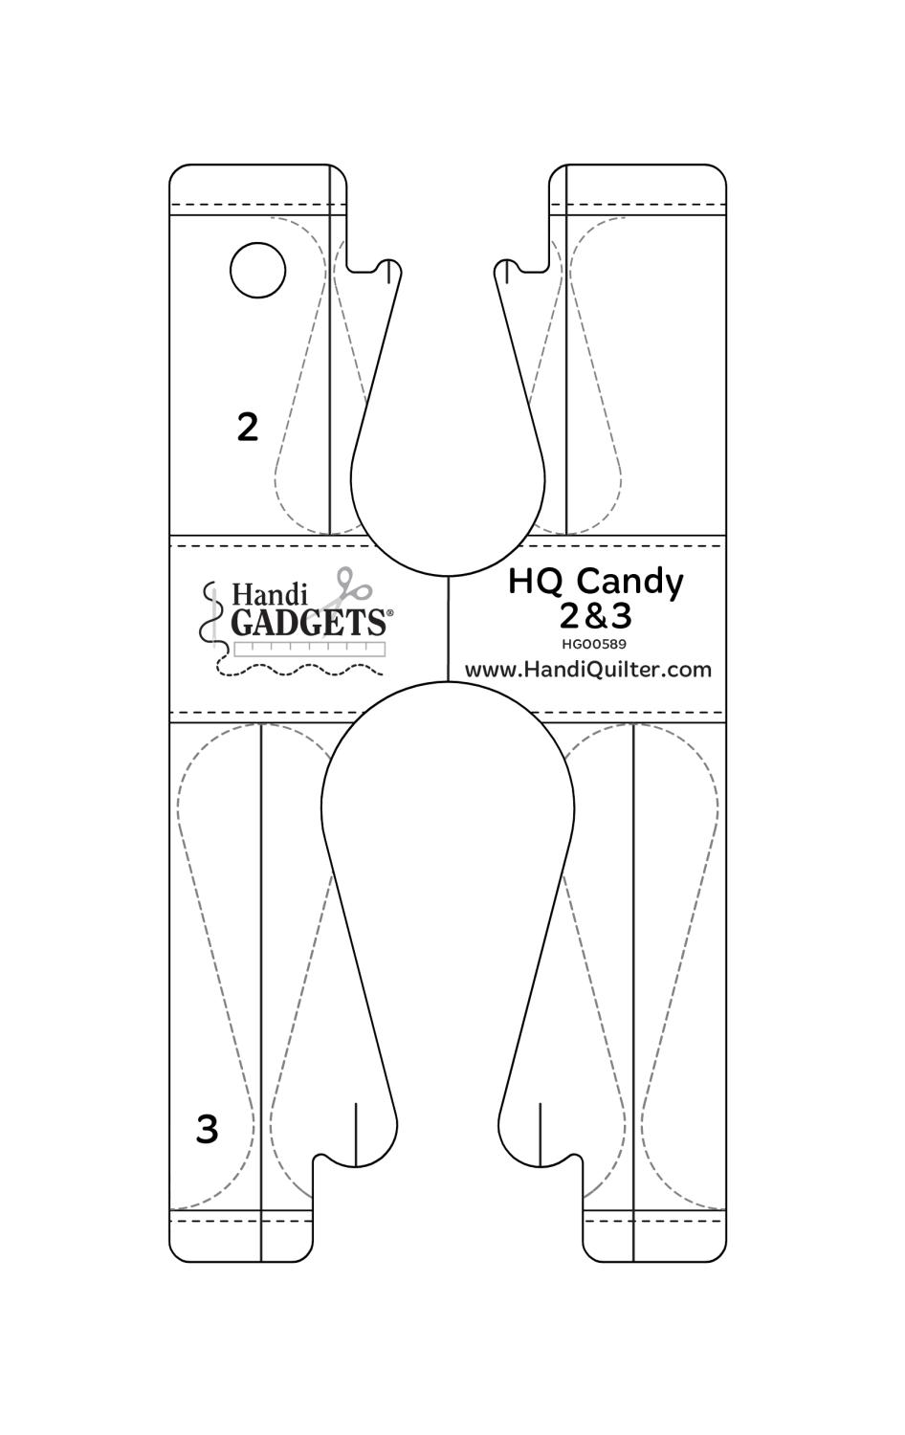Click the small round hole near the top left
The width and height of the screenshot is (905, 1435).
(x=257, y=270)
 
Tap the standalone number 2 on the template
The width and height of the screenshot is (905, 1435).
(x=248, y=427)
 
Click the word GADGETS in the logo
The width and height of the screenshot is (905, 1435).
(x=308, y=622)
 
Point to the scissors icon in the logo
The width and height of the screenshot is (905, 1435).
(x=346, y=587)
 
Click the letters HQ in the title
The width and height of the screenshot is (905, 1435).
(x=538, y=581)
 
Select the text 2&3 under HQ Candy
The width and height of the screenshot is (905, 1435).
(x=596, y=615)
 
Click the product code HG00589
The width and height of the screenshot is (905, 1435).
(x=594, y=644)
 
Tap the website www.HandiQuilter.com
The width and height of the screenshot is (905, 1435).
(x=588, y=670)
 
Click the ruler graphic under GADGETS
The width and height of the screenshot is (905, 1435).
(x=310, y=649)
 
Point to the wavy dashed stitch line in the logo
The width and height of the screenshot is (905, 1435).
(x=299, y=670)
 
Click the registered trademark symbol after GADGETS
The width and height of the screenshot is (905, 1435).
(x=389, y=613)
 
